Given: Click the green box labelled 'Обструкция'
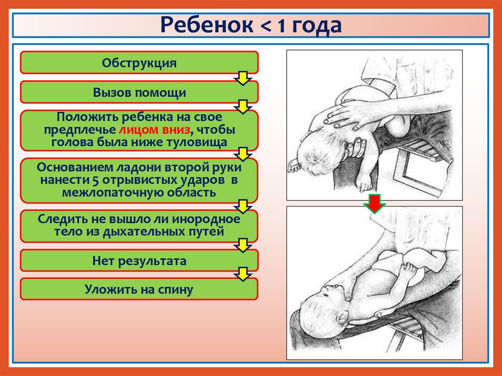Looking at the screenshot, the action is [x=139, y=63].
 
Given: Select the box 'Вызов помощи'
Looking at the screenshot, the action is [x=139, y=92].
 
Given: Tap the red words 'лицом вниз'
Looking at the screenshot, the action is [x=153, y=130].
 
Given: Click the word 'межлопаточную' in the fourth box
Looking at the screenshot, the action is [x=103, y=192].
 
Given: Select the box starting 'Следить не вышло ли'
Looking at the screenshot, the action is [x=139, y=225].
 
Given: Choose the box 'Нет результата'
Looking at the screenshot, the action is [x=139, y=260].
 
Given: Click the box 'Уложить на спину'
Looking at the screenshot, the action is [x=139, y=289].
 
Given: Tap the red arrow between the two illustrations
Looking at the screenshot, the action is [x=375, y=204].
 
